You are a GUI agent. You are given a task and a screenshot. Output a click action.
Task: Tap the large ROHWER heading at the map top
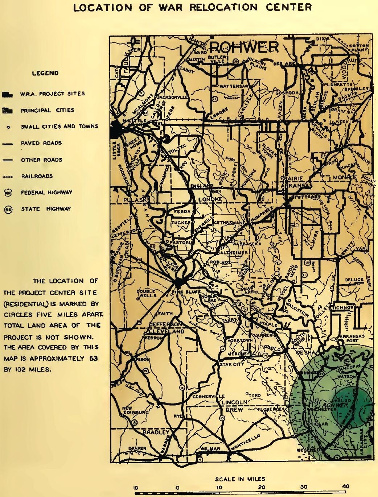click(244, 47)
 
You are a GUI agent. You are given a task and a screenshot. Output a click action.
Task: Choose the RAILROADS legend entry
click(37, 176)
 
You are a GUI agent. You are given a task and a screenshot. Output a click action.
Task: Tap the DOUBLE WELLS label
click(146, 293)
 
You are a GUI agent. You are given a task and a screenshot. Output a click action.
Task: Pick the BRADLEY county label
click(156, 432)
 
